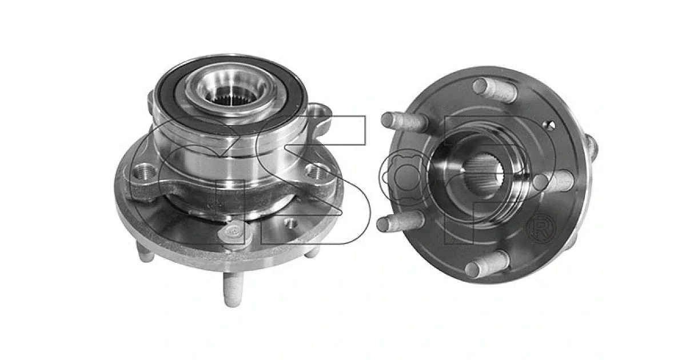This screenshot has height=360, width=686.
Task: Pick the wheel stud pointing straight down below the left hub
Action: tap(233, 289)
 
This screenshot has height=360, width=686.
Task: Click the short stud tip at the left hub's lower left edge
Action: tap(145, 254)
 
